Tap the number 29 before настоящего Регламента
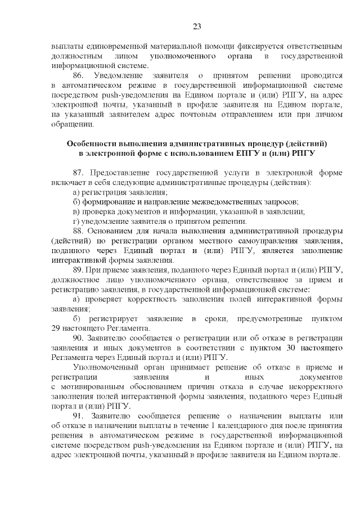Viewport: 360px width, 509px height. tap(55, 329)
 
